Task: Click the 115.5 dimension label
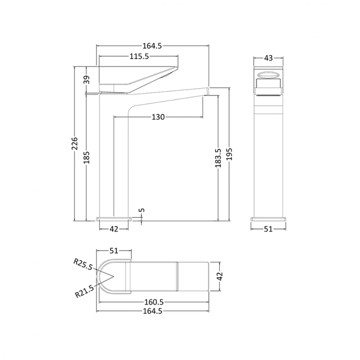click(139, 56)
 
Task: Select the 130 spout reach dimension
click(158, 117)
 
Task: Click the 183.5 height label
click(218, 158)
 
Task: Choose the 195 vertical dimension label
click(230, 154)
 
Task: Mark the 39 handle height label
click(87, 80)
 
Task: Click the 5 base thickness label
click(142, 210)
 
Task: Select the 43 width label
click(269, 58)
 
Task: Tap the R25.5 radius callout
click(83, 264)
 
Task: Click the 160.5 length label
click(153, 302)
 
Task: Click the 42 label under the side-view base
click(114, 229)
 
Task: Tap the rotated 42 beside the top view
click(220, 276)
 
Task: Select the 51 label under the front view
click(268, 229)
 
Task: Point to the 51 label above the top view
click(114, 251)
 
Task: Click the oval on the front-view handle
click(268, 75)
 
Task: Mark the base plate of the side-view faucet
click(114, 219)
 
